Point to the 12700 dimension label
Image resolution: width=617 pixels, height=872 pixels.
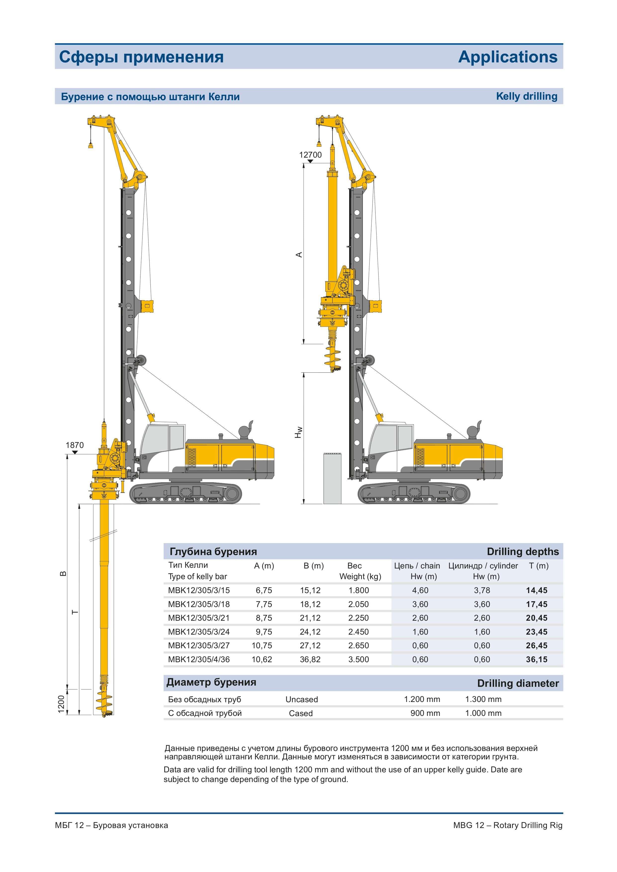(x=310, y=155)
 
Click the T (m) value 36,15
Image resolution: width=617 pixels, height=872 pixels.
(x=536, y=659)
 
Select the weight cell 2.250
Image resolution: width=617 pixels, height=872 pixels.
(x=358, y=618)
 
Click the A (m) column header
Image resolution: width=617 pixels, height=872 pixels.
(x=264, y=566)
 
